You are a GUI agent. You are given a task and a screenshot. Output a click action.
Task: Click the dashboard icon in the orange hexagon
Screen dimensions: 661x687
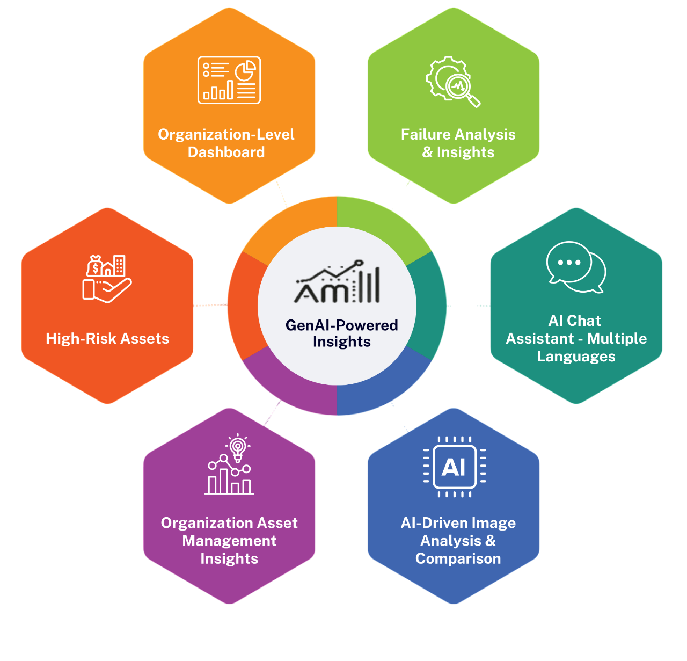(x=229, y=80)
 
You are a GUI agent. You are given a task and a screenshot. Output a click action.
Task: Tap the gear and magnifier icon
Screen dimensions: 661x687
(x=452, y=82)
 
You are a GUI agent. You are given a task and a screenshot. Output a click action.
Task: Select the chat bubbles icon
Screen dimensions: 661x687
(x=576, y=267)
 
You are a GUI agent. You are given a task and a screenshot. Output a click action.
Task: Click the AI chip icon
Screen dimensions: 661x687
(x=454, y=467)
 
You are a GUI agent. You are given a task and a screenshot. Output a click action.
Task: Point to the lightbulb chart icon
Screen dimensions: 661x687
(x=230, y=465)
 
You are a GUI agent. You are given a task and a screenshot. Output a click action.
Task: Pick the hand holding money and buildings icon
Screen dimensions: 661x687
(x=107, y=278)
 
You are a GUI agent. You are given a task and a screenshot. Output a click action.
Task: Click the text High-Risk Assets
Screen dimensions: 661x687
(x=107, y=338)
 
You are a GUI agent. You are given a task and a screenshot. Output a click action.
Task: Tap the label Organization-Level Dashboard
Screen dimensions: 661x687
(x=226, y=143)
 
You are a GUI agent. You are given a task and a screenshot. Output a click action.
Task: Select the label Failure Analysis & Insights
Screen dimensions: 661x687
(x=458, y=143)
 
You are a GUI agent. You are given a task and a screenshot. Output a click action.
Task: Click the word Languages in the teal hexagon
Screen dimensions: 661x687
(x=576, y=357)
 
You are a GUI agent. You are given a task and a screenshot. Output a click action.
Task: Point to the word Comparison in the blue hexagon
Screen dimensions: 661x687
(x=458, y=558)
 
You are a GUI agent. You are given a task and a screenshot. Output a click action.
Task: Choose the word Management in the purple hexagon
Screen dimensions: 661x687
(x=229, y=541)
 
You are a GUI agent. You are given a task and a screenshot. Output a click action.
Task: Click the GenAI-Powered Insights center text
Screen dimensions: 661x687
(x=341, y=333)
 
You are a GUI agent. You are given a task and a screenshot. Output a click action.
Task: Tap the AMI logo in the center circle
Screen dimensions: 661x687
(x=338, y=282)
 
